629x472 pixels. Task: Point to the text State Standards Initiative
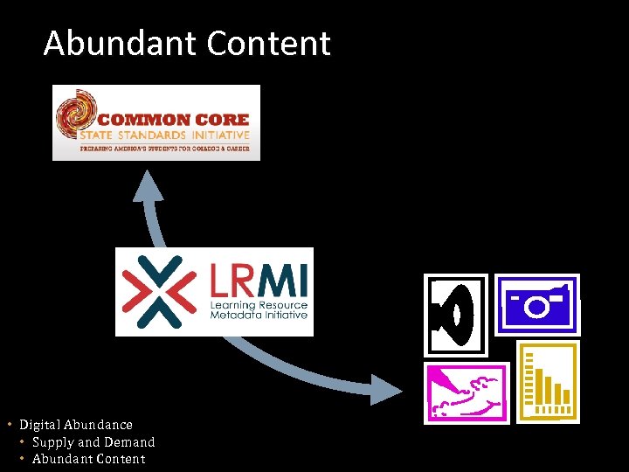[x=164, y=135]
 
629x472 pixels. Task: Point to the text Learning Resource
[x=259, y=305]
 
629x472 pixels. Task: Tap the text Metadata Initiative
[x=259, y=316]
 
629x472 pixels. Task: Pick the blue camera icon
[x=537, y=304]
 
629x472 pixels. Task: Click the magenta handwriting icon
[x=466, y=392]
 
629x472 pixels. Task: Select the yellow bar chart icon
[x=548, y=382]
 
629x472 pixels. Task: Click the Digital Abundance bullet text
[x=76, y=425]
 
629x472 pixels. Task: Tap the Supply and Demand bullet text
[x=93, y=442]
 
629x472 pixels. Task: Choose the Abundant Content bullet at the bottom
[x=88, y=459]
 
